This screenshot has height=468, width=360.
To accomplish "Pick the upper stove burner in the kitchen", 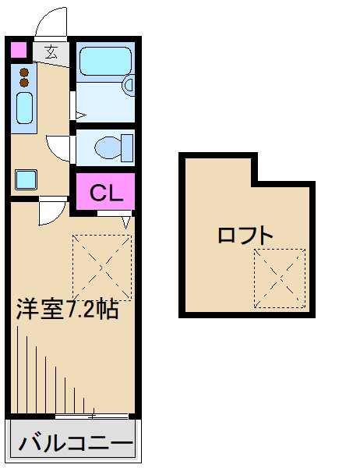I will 23,73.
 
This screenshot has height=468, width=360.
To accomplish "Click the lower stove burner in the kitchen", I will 23,83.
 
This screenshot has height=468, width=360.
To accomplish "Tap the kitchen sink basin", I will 24,108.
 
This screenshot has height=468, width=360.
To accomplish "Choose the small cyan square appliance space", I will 26,179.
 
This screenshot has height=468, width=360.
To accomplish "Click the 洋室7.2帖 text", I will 68,310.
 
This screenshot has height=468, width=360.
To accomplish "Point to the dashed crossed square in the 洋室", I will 102,267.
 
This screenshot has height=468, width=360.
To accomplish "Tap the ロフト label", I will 245,234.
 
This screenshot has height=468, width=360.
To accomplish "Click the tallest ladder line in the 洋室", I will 17,367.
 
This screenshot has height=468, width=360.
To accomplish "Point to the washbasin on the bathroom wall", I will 129,83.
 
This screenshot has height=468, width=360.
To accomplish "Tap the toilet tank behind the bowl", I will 126,147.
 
